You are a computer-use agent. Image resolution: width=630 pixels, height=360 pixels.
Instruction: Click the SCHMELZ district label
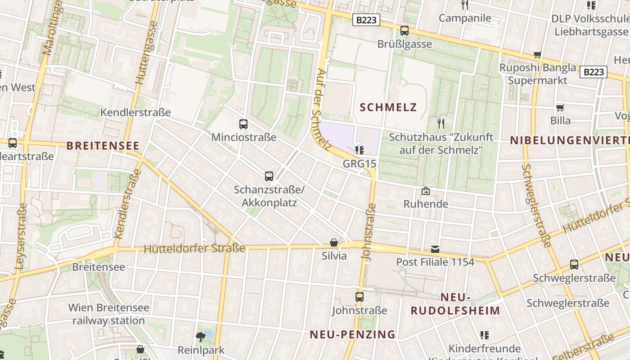point(388,107)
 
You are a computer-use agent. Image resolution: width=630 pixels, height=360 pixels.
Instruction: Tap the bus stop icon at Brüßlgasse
point(405,31)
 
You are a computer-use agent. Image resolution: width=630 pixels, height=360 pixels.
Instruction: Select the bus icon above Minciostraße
point(243,124)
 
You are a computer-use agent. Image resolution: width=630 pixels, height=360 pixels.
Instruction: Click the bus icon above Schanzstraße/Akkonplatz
point(269,176)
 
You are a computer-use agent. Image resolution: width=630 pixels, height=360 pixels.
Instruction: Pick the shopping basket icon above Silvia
point(334,243)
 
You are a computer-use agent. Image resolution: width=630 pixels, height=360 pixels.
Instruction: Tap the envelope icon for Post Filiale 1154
point(435,249)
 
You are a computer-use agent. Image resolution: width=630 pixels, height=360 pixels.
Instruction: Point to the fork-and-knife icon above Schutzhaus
point(441,123)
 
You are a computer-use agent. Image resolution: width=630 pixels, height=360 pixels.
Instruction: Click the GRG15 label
point(359,163)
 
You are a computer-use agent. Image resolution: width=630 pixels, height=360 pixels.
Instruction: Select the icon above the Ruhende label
point(425,191)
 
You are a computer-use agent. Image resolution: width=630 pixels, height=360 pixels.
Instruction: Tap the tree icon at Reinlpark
point(201,336)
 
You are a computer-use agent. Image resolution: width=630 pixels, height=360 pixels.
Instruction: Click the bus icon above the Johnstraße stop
point(359,297)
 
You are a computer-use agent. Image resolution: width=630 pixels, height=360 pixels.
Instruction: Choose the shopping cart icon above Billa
point(560,108)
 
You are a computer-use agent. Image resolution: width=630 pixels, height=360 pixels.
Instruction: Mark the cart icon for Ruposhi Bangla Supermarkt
point(537,54)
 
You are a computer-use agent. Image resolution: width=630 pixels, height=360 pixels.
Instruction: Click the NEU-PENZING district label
point(352,334)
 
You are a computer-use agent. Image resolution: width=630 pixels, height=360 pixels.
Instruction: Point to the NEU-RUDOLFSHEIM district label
point(455,304)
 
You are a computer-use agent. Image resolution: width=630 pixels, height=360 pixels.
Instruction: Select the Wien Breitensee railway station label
point(108,314)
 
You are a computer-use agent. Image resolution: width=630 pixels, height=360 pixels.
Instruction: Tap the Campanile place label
point(465,18)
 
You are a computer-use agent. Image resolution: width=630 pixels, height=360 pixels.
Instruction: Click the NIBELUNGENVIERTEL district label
point(570,140)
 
